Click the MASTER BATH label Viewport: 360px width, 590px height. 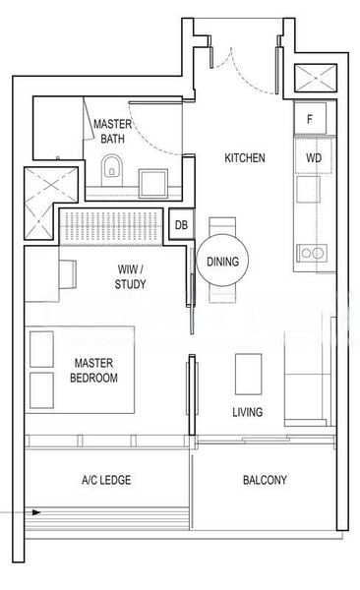click(x=112, y=131)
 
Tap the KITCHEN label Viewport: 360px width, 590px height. click(x=245, y=157)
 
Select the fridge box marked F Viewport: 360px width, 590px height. click(x=310, y=119)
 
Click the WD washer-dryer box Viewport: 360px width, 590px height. click(x=314, y=156)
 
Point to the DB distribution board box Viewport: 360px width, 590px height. click(x=182, y=224)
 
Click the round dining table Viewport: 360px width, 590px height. click(x=222, y=261)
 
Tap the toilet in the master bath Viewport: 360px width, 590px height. click(x=112, y=170)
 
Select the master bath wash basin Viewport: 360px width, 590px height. click(x=153, y=183)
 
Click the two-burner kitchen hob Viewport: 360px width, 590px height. click(x=312, y=253)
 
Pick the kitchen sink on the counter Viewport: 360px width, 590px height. click(x=308, y=189)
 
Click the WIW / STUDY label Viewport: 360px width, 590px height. click(x=130, y=276)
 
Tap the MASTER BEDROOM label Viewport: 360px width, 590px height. click(x=93, y=371)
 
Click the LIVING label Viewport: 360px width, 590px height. click(x=248, y=412)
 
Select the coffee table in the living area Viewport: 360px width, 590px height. click(x=248, y=374)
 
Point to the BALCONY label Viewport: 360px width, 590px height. click(x=265, y=480)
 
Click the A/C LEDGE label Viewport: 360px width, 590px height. click(x=106, y=480)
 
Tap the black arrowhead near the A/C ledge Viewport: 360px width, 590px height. click(x=36, y=512)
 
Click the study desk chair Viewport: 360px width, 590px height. click(x=68, y=274)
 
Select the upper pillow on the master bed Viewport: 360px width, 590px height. click(x=41, y=349)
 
